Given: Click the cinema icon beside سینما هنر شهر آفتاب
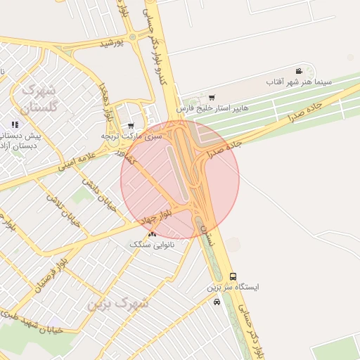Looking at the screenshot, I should coord(299,72).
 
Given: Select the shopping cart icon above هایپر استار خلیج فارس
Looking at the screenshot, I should coord(212,98).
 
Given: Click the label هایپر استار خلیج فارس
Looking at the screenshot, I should coord(205,109).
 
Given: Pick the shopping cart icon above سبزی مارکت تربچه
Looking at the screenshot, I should coord(131,126).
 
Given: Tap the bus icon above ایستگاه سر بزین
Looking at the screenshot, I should coord(233,276).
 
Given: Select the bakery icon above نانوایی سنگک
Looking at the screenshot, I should coord(151,233).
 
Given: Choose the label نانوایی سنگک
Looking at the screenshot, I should coord(151,243).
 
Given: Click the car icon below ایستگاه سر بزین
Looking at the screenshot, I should coord(217,302).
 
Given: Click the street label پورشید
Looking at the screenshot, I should coord(111,44).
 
